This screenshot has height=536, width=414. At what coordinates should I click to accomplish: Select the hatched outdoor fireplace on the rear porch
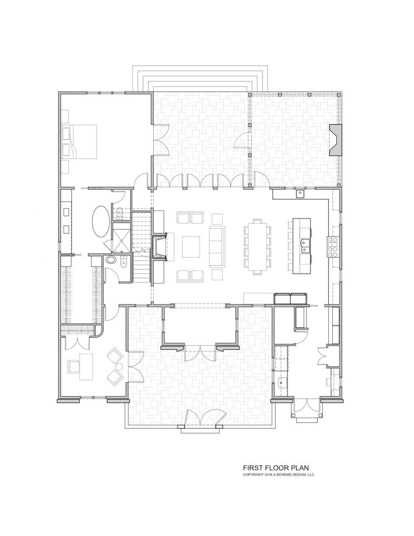(335, 140)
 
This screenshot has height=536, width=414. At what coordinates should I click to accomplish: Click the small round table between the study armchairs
(119, 367)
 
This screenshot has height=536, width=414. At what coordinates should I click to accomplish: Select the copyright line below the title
(278, 475)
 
